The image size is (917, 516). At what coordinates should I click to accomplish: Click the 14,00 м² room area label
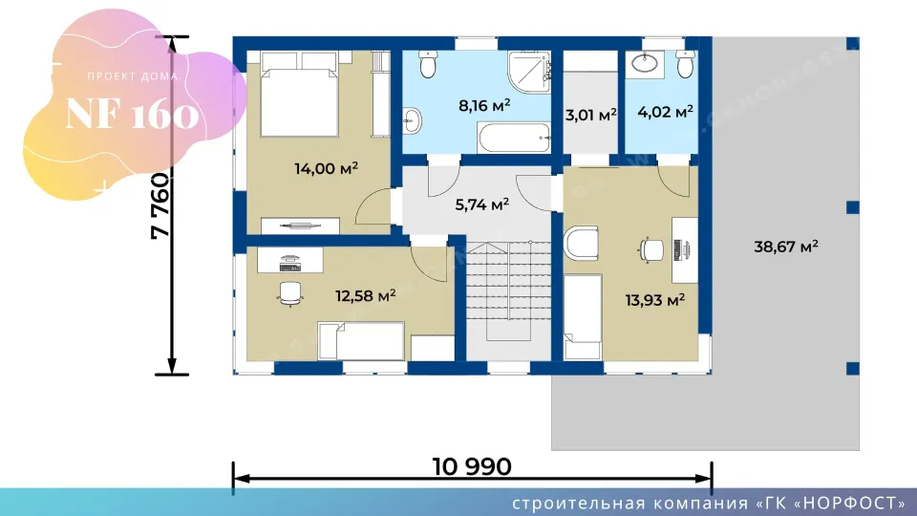pos(326,169)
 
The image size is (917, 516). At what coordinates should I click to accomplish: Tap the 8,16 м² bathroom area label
pos(484,105)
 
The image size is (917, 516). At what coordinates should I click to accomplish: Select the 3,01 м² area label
pos(590,115)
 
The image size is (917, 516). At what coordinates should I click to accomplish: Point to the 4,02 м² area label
pos(665,111)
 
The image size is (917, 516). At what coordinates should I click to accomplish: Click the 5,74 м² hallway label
pos(481,204)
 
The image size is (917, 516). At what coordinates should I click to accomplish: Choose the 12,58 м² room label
pos(365,295)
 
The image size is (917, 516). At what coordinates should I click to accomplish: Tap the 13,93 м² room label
pos(654,300)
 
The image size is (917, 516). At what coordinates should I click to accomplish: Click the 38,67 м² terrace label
pos(785,247)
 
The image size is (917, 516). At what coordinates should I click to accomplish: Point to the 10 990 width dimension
pos(471,467)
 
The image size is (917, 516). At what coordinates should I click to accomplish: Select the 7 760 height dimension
pos(160,205)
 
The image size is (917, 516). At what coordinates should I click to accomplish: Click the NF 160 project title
pos(132,114)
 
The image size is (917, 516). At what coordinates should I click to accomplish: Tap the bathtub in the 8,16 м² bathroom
pos(514,138)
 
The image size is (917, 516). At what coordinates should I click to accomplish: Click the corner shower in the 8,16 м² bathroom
pos(529,72)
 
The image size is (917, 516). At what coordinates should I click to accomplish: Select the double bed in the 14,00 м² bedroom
pos(299,95)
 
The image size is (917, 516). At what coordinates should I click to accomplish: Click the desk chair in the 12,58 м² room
pos(289,293)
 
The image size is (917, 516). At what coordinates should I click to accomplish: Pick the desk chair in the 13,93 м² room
pos(650,250)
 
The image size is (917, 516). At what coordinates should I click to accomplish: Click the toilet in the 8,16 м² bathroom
pos(428,64)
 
